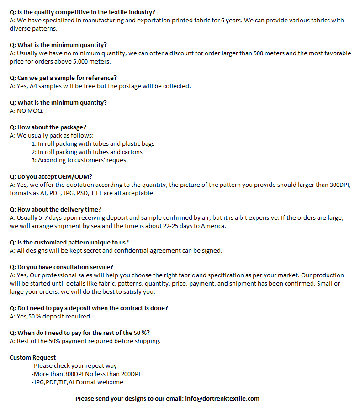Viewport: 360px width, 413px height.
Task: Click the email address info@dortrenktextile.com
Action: coord(222,398)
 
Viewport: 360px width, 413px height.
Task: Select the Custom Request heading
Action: coord(33,357)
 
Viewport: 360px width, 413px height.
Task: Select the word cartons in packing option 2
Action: coord(132,152)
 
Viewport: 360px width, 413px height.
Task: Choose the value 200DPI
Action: coord(128,374)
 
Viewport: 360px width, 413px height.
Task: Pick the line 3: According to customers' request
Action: coord(80,160)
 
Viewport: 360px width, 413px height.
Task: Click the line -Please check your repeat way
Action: coord(74,365)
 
